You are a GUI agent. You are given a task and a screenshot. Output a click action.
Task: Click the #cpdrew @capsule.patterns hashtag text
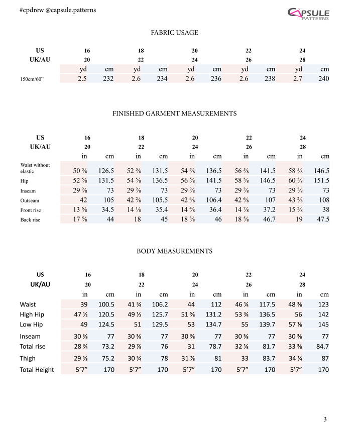50,10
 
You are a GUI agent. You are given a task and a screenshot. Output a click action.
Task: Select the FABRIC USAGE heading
174,33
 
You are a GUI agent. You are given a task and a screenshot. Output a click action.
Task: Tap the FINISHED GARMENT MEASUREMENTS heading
174,114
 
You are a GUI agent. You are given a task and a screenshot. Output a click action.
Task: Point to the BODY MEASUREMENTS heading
174,251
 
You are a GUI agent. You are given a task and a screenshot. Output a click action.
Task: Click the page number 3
325,419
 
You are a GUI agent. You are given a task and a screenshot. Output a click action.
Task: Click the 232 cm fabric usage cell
108,78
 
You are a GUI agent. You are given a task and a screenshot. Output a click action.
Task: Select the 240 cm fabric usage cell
323,78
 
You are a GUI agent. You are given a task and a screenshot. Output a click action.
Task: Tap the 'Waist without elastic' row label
35,168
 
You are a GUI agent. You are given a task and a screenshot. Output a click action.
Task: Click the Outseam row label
30,200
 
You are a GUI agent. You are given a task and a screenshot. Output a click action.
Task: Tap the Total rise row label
33,346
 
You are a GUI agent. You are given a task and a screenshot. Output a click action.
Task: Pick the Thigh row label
28,359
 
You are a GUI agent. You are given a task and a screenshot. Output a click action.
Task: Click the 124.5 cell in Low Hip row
106,324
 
